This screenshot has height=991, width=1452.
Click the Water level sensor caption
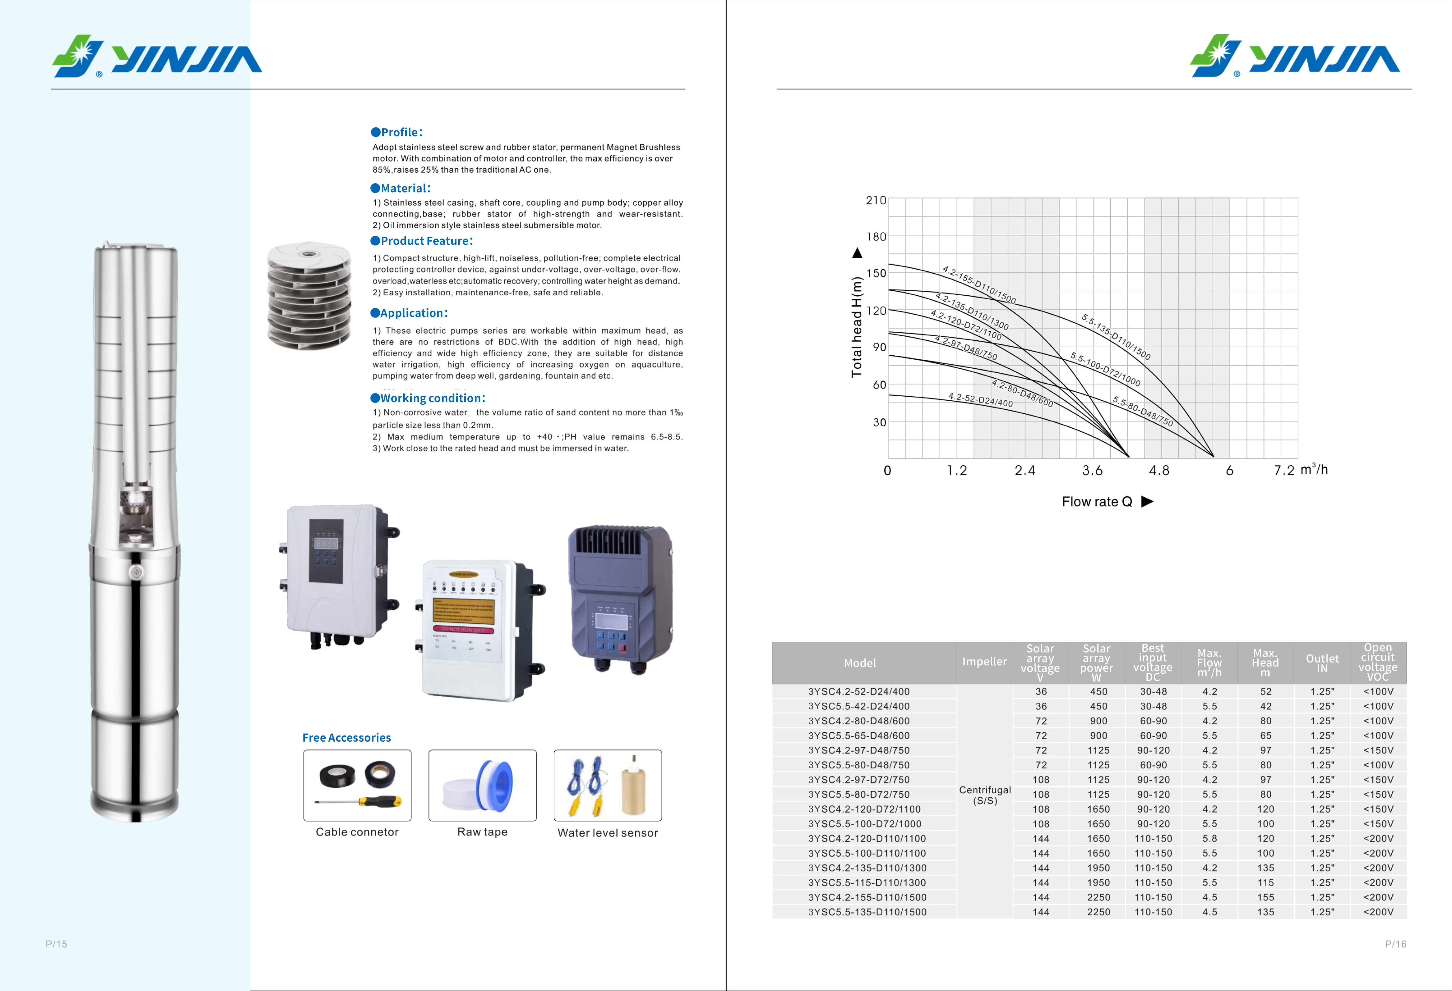tap(607, 833)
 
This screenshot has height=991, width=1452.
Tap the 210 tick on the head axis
tap(875, 201)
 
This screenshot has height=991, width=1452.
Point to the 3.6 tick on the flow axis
tap(1092, 471)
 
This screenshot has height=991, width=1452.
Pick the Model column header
tap(860, 663)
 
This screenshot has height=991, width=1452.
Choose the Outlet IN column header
tap(1322, 663)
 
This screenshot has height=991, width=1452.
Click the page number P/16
tap(1395, 944)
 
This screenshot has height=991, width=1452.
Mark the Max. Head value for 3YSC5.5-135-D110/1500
tap(1265, 912)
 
